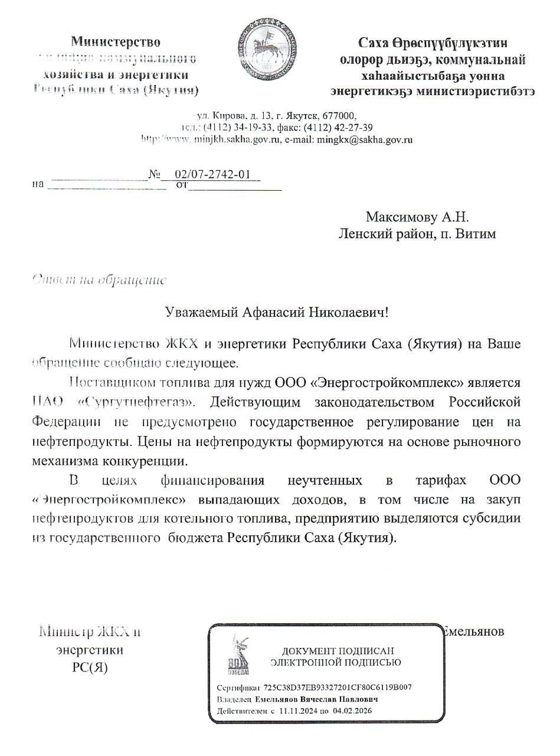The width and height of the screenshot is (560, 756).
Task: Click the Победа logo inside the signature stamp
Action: tap(238, 656)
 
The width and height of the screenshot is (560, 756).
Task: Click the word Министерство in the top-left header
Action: tap(116, 41)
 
